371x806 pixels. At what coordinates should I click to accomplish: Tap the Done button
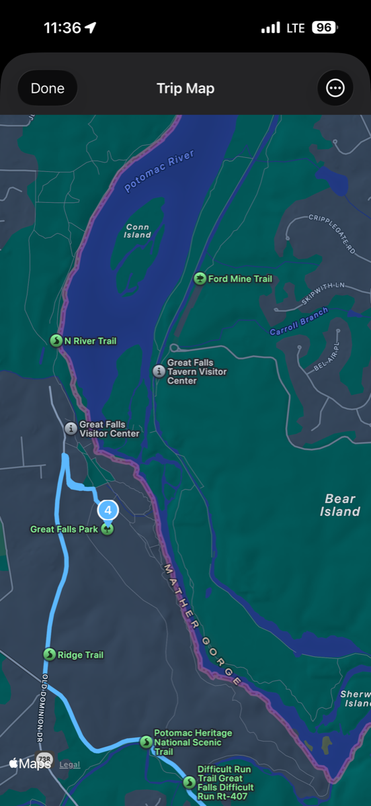pyautogui.click(x=48, y=88)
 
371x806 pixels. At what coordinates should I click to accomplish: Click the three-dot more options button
pyautogui.click(x=335, y=88)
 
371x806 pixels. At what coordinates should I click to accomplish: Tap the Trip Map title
pyautogui.click(x=185, y=89)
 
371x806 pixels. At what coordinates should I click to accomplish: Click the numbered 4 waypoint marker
pyautogui.click(x=108, y=510)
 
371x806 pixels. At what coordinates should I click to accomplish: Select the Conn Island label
pyautogui.click(x=137, y=231)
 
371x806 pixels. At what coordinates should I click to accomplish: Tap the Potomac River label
pyautogui.click(x=159, y=171)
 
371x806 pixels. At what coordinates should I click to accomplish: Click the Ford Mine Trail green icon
pyautogui.click(x=200, y=279)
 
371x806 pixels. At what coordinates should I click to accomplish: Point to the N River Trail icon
pyautogui.click(x=56, y=341)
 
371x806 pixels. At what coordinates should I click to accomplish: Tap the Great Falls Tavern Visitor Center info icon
pyautogui.click(x=159, y=371)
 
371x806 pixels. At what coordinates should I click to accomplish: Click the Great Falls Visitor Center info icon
pyautogui.click(x=71, y=429)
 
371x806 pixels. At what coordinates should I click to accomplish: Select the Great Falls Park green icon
pyautogui.click(x=107, y=529)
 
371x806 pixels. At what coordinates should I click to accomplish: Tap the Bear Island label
pyautogui.click(x=340, y=505)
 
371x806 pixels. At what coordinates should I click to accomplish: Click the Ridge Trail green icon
pyautogui.click(x=49, y=655)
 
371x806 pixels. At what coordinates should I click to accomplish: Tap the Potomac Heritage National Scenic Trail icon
pyautogui.click(x=146, y=742)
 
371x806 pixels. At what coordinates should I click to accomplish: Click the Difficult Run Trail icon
pyautogui.click(x=189, y=782)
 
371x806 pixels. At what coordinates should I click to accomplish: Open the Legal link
pyautogui.click(x=70, y=764)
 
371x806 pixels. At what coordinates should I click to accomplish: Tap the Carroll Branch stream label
pyautogui.click(x=299, y=322)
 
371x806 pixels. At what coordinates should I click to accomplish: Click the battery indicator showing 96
pyautogui.click(x=325, y=28)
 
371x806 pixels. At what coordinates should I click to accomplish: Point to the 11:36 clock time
pyautogui.click(x=63, y=28)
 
